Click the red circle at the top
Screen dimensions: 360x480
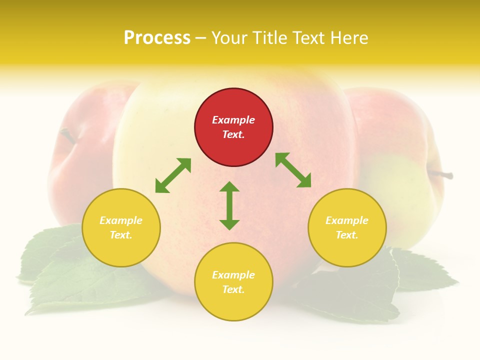233,127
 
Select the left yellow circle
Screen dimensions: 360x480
121,227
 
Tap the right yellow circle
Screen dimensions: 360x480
347,227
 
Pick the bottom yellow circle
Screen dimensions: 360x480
233,282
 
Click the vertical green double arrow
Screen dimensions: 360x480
229,205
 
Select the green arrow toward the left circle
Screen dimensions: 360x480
173,175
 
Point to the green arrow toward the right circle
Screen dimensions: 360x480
293,170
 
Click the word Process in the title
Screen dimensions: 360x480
157,37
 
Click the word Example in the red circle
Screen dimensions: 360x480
233,120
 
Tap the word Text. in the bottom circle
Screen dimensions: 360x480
233,289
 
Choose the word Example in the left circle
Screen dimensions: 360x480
121,220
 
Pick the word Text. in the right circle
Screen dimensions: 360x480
347,235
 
